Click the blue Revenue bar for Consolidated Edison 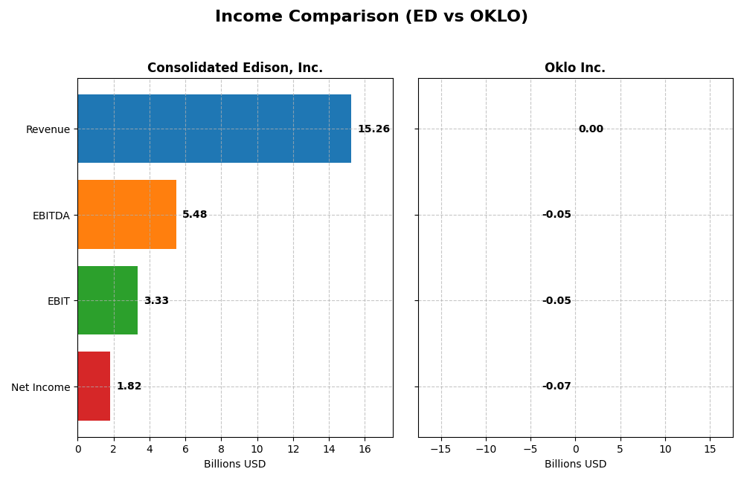(x=214, y=129)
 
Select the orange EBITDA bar (x=126, y=214)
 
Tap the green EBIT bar (x=107, y=300)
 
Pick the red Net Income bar (x=94, y=386)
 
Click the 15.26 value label (x=373, y=129)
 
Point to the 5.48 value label (x=194, y=215)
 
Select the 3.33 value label (x=156, y=301)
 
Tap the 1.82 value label (x=129, y=386)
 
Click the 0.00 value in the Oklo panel (x=591, y=129)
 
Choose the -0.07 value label (x=557, y=386)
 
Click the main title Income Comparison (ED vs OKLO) (x=371, y=16)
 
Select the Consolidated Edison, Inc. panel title (x=235, y=68)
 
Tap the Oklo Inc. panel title (x=575, y=68)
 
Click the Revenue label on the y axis (x=48, y=130)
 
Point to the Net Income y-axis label (x=41, y=387)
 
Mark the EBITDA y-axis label (x=51, y=216)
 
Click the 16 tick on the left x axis (x=365, y=449)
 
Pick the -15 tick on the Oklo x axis (x=440, y=449)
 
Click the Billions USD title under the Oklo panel (x=575, y=464)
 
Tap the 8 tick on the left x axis (x=221, y=449)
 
